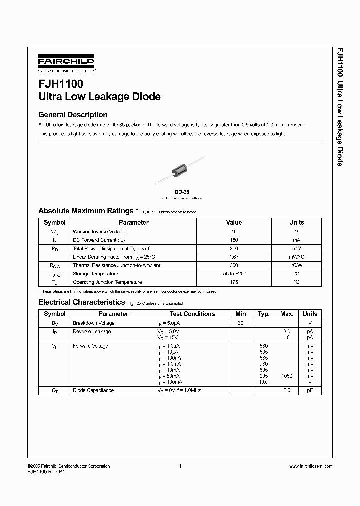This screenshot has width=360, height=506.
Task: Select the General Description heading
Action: (x=73, y=115)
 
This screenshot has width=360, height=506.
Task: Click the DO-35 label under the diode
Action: (x=181, y=192)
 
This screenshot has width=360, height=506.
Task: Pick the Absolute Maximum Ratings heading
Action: (x=86, y=211)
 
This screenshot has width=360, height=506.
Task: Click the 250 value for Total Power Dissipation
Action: (x=233, y=248)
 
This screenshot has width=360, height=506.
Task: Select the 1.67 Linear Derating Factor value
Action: (x=233, y=257)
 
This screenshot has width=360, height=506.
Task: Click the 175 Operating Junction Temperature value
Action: (x=233, y=282)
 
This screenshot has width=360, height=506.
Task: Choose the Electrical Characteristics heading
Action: (x=81, y=302)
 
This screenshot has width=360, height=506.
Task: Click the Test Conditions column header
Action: (x=192, y=314)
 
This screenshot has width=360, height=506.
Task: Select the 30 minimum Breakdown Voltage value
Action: (x=240, y=323)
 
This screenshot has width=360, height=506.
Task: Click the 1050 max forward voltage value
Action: (x=287, y=376)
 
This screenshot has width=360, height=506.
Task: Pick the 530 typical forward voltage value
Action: (x=264, y=346)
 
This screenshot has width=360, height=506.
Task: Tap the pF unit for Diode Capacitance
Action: (x=310, y=390)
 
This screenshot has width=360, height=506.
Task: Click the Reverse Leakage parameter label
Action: (x=92, y=331)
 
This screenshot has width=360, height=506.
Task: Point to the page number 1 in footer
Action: (x=179, y=466)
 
